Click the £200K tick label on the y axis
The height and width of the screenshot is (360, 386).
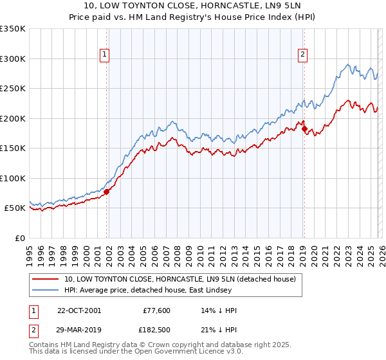point(12,118)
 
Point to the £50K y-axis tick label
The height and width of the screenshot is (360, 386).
point(14,208)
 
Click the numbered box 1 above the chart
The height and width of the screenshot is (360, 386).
point(105,55)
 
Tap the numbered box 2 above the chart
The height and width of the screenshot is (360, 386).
point(302,55)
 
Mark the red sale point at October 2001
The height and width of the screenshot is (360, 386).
point(107,192)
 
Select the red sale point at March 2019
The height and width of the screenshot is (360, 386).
point(304,129)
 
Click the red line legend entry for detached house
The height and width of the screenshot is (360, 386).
point(179,279)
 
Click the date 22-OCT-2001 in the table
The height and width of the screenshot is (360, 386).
point(79,310)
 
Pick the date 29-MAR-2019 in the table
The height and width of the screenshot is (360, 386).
point(79,328)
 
